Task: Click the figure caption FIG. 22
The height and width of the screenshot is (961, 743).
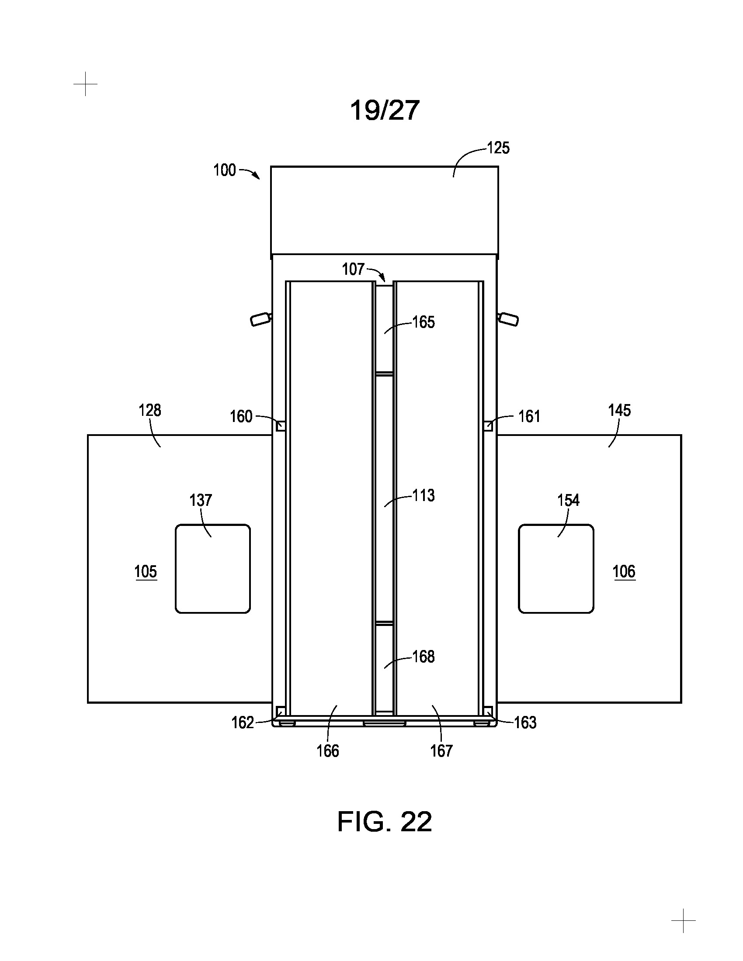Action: [x=384, y=822]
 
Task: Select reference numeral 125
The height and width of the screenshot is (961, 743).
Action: [x=498, y=148]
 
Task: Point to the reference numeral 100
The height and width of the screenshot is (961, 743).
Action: [x=225, y=170]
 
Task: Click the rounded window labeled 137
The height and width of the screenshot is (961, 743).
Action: [x=213, y=568]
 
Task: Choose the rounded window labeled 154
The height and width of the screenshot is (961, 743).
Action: [x=556, y=568]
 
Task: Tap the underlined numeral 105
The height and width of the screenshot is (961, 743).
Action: [x=146, y=572]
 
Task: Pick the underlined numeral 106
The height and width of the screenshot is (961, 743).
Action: [x=624, y=572]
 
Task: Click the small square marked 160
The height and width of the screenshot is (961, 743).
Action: [x=281, y=426]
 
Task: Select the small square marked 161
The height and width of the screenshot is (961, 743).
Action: [x=488, y=426]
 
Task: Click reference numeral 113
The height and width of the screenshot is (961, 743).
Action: [x=424, y=495]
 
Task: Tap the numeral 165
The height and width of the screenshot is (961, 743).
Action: [x=424, y=322]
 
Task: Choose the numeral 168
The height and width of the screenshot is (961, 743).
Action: [x=424, y=657]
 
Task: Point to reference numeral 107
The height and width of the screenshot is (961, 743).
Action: [x=354, y=269]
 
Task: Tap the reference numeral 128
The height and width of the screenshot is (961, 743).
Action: [x=149, y=410]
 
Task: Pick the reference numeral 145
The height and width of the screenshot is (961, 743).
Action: [x=619, y=410]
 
